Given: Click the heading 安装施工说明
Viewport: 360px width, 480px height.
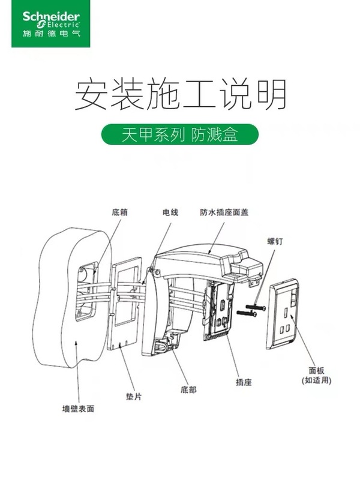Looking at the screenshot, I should click(x=180, y=95).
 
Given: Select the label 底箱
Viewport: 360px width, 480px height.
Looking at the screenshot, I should click(x=119, y=212).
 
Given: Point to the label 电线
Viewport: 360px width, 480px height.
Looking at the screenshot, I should click(x=170, y=212).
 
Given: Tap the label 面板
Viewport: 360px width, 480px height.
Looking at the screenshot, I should click(x=316, y=371).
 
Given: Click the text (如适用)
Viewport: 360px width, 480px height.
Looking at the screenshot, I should click(x=316, y=380).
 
